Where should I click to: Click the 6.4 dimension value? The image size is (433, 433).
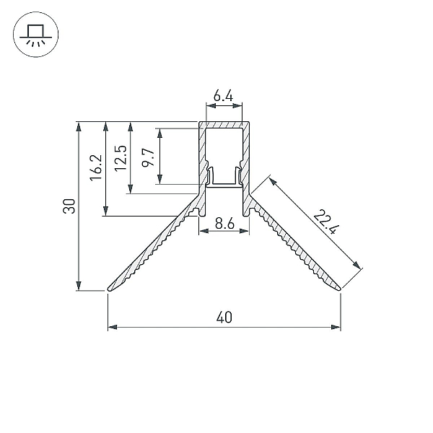coord(223,96)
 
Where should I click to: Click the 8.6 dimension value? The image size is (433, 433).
coord(224,223)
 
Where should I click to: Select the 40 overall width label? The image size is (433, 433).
coord(224,318)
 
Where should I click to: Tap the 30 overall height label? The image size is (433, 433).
coord(69,206)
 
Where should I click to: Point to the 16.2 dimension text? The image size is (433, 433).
coord(95,167)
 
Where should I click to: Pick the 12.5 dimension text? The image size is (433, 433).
coord(121,158)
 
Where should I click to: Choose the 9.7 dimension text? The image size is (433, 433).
coord(147,157)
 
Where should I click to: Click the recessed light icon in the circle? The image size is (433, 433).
coord(35,35)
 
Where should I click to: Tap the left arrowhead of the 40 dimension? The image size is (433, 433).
coord(113,327)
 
